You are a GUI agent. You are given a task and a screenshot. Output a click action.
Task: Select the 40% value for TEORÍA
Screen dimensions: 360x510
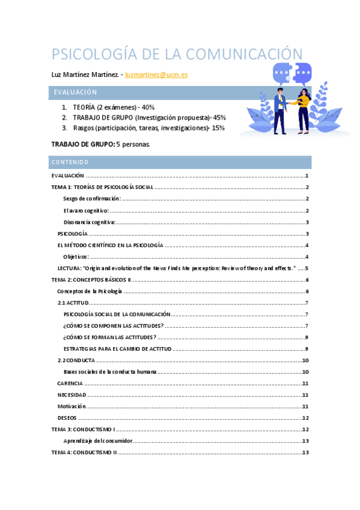[x=148, y=107]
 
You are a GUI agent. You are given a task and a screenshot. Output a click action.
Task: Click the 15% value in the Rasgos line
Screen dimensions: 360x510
[x=218, y=127]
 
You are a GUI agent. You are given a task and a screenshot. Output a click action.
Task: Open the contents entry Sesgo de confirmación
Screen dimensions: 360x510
[x=92, y=199]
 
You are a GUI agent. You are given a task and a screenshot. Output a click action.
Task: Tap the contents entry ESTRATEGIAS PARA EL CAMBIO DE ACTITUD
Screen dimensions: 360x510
[x=118, y=349]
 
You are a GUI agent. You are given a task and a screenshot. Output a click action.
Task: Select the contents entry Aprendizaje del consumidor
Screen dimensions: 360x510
[x=97, y=441]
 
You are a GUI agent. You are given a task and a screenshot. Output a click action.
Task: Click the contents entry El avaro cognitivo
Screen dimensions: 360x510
[x=85, y=210]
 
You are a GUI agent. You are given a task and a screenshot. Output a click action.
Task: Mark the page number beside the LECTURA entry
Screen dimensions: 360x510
[x=307, y=268]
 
